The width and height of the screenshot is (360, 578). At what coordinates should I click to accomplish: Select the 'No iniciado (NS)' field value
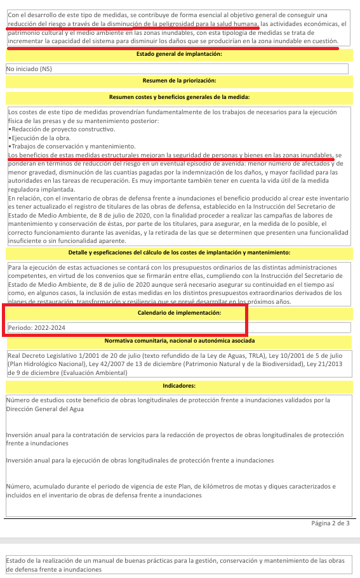[29, 69]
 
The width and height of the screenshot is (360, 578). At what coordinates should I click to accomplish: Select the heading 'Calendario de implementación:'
[179, 313]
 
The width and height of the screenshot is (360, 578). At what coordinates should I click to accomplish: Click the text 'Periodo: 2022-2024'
[37, 327]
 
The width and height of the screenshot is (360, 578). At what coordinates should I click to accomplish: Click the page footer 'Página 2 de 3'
[330, 523]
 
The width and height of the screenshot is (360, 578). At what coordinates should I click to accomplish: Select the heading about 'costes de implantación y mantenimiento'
[179, 253]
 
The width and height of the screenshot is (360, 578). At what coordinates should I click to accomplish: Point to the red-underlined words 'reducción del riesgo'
[37, 24]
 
